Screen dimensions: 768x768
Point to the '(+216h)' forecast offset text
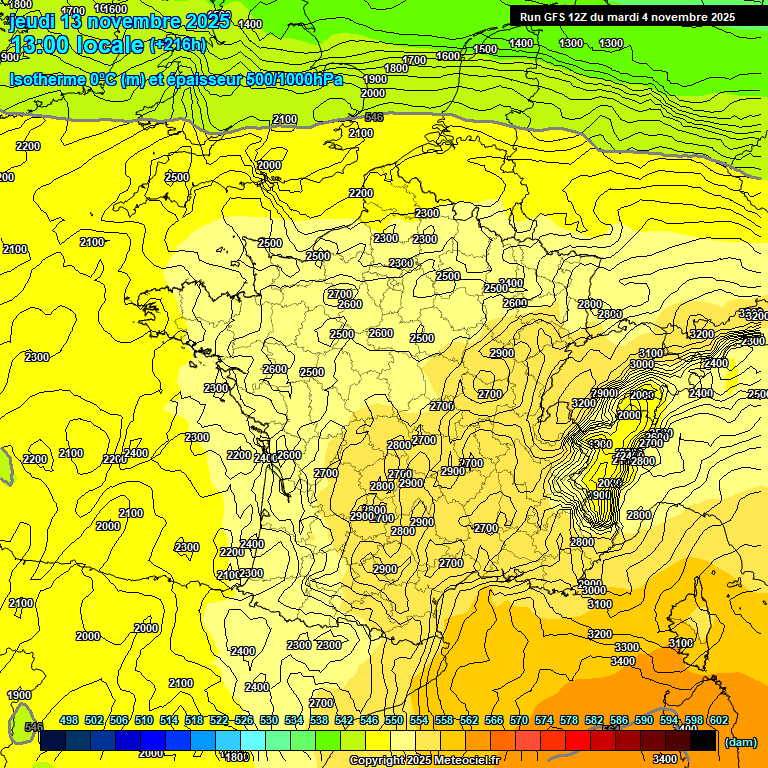tap(178, 44)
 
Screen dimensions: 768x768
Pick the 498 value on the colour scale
tap(69, 720)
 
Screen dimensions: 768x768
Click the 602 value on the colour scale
tap(719, 720)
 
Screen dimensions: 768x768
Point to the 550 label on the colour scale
tap(394, 720)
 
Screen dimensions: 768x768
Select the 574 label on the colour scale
tap(544, 720)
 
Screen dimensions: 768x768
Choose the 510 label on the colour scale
tap(144, 720)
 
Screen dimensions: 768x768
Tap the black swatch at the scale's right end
tap(703, 741)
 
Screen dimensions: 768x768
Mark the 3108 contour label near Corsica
tap(681, 643)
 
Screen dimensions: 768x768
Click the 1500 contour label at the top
tap(486, 49)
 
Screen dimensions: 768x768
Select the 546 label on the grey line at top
tap(374, 117)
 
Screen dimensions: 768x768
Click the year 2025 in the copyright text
tap(418, 761)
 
